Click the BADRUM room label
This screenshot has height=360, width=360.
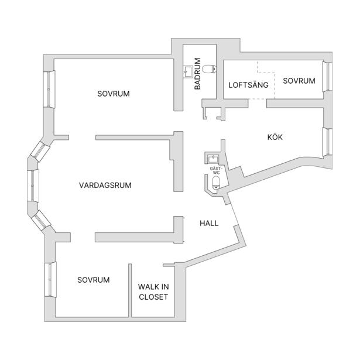197,74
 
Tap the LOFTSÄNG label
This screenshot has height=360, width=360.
248,85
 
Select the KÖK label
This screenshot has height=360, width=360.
275,137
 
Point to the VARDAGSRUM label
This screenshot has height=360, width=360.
105,186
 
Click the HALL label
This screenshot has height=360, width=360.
209,223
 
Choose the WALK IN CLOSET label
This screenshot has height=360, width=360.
153,292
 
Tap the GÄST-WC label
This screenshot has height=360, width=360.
216,170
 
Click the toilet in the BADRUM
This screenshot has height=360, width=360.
209,68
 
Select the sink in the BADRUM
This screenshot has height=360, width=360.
188,71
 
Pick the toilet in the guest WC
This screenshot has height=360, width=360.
216,183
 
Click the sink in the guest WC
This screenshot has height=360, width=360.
213,159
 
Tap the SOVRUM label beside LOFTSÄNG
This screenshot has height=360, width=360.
299,81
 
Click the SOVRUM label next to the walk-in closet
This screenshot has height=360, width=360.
94,280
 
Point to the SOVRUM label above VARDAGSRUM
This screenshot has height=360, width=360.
114,94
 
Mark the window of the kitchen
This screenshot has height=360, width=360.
327,142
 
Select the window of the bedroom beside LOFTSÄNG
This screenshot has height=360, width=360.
327,77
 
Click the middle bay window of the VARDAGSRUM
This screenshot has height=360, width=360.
33,186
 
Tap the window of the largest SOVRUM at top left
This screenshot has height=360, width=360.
49,89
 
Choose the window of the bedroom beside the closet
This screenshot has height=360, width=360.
50,280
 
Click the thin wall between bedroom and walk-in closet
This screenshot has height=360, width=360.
130,290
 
